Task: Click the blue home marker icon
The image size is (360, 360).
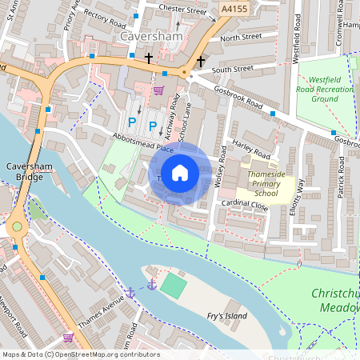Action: click(x=180, y=173)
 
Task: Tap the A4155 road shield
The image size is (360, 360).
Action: click(x=234, y=7)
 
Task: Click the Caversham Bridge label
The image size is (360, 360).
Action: click(x=24, y=170)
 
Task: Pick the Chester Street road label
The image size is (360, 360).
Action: click(x=182, y=10)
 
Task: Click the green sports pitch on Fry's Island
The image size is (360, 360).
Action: click(x=172, y=285)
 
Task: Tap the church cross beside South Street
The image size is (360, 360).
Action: click(x=200, y=61)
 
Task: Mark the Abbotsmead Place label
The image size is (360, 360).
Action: click(x=143, y=142)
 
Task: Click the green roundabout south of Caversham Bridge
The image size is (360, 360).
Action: click(x=16, y=229)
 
